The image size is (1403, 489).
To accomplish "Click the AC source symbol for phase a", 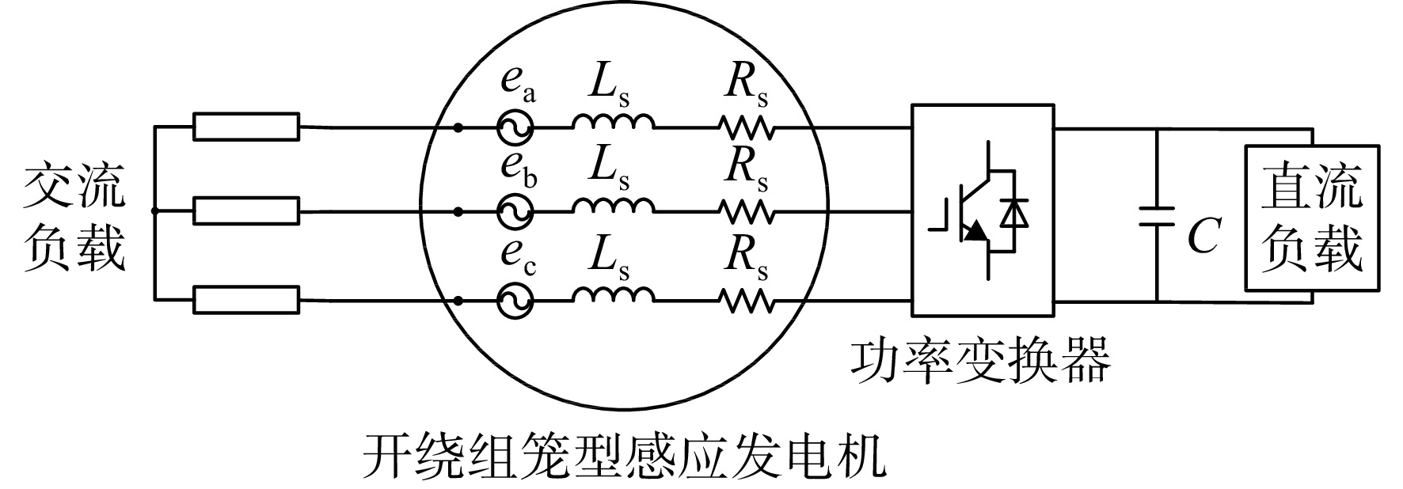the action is click(515, 127).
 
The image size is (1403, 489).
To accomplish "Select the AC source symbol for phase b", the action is click(515, 212).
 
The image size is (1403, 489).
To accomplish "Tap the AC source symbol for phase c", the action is click(515, 301).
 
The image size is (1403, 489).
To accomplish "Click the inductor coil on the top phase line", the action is click(614, 121).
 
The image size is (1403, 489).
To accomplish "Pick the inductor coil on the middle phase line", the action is click(614, 207).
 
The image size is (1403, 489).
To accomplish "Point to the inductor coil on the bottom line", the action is click(614, 295).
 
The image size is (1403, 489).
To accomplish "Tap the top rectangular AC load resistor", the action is click(246, 127).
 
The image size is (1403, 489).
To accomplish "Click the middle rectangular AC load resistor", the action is click(246, 212).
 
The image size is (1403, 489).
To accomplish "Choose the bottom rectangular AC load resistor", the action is click(246, 301).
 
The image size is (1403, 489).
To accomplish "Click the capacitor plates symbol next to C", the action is click(1157, 216).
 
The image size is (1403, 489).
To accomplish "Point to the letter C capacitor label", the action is click(1203, 236).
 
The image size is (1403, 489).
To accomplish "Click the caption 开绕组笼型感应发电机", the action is click(624, 457).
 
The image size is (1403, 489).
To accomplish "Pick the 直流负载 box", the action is click(1312, 218).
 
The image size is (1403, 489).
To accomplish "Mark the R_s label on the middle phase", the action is click(747, 169).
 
